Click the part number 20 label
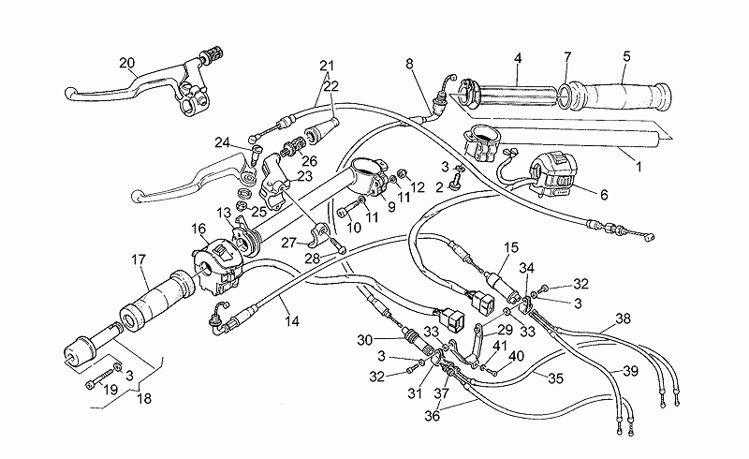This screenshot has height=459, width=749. (x=127, y=63)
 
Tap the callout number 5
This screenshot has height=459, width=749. (x=626, y=56)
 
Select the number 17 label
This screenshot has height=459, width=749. (x=139, y=260)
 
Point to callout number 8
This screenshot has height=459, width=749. (x=409, y=64)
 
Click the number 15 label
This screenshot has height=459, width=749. (x=511, y=247)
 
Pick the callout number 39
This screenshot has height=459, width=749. (x=630, y=371)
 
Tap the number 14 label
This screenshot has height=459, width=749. (x=292, y=321)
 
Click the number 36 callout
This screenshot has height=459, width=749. (x=433, y=417)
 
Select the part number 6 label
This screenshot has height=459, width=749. (x=604, y=195)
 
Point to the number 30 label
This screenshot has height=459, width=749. (x=364, y=340)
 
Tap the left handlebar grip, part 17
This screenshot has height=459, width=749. (x=157, y=298)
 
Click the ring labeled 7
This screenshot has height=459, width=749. (x=564, y=94)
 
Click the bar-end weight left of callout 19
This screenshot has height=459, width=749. (x=81, y=352)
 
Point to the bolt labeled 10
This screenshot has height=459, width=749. (x=350, y=208)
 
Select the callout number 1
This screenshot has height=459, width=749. (x=639, y=167)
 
